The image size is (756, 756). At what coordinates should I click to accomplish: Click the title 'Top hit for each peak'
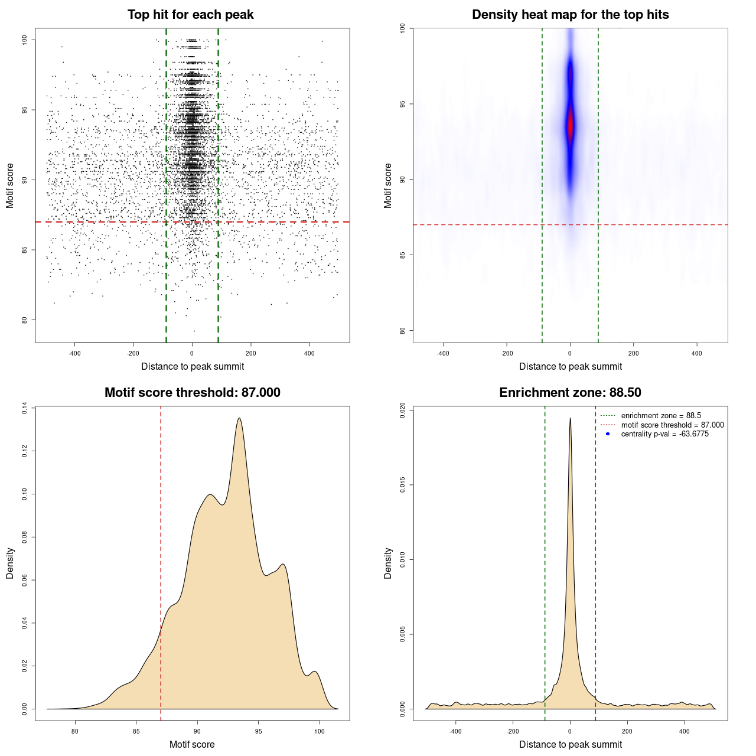pos(191,15)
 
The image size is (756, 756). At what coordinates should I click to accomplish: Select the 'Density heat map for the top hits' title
pos(570,15)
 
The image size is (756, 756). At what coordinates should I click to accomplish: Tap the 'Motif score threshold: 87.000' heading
pos(192,393)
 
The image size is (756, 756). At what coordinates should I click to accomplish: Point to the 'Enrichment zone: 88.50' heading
pos(570,393)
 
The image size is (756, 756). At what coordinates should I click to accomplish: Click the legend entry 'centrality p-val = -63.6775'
pos(664,434)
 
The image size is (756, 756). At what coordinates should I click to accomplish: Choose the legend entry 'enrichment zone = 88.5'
pos(661,416)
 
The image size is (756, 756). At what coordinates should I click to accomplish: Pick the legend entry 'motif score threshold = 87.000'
pos(672,425)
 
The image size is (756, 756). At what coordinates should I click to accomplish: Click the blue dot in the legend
pos(608,434)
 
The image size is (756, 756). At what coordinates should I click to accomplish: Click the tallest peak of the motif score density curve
pos(239,419)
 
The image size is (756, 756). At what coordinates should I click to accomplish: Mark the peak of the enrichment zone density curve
pos(570,418)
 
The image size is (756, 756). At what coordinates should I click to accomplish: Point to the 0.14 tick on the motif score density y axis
pos(24,408)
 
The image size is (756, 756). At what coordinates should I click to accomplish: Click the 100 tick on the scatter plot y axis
pos(24,40)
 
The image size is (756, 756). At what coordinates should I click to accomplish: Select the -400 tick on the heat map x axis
pos(443,353)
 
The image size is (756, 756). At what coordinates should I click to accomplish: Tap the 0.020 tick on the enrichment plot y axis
pos(402,410)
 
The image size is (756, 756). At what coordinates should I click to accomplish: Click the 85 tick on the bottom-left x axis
pos(136,731)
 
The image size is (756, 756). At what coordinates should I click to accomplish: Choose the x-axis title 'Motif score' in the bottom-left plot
pos(192,744)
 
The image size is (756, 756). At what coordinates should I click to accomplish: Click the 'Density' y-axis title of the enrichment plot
pos(388,563)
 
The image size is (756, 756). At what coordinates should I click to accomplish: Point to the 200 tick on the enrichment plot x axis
pos(627,731)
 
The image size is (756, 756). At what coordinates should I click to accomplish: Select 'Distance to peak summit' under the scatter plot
pos(193,366)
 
